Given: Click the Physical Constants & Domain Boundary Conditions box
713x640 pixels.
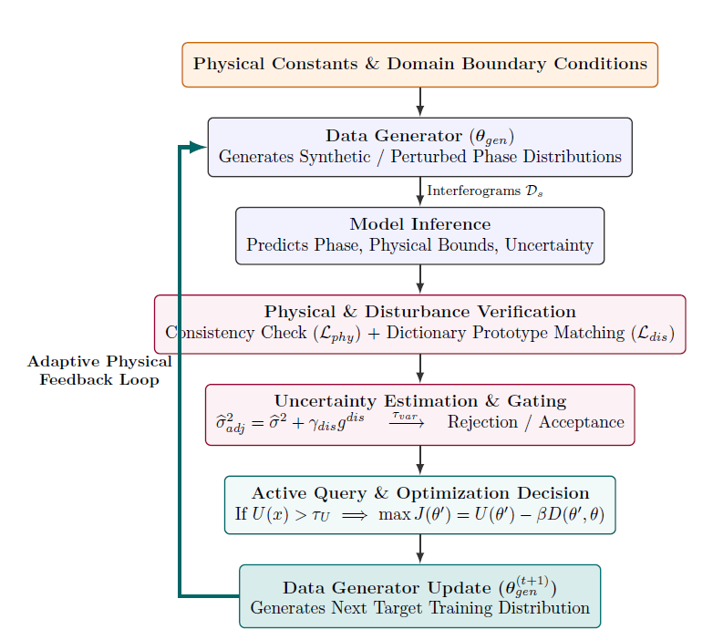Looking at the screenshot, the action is click(x=419, y=65).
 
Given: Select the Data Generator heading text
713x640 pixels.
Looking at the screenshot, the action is click(x=419, y=136).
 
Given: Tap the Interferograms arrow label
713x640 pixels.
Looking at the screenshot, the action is click(x=485, y=191).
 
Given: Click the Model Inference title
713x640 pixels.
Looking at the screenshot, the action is click(x=419, y=224).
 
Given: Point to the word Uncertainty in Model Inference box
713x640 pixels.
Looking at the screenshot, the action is click(x=549, y=245).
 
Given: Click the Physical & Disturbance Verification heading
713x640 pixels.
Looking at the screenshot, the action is click(x=419, y=312).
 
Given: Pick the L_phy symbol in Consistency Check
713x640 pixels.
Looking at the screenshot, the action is click(x=336, y=334).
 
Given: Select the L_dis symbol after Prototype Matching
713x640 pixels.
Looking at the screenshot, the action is click(x=652, y=334).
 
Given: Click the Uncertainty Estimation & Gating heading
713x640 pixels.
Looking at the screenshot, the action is click(x=419, y=401).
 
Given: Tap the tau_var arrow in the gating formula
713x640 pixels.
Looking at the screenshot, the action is click(x=407, y=420).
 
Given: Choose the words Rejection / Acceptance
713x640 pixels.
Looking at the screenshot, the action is click(x=535, y=422).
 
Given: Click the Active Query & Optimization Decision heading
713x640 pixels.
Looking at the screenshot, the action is click(x=419, y=493).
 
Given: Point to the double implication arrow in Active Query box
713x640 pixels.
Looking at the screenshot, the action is click(x=355, y=515).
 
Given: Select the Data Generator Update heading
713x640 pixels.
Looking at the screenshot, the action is click(x=419, y=587).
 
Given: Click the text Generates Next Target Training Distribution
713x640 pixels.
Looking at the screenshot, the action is click(x=419, y=608).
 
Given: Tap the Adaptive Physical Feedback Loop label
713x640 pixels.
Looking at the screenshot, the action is click(x=99, y=370).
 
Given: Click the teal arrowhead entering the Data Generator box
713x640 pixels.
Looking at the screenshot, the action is click(x=198, y=147).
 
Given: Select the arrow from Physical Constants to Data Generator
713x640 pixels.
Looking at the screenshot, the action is click(x=420, y=102).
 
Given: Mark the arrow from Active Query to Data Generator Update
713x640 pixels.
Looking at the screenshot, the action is click(x=420, y=549).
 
